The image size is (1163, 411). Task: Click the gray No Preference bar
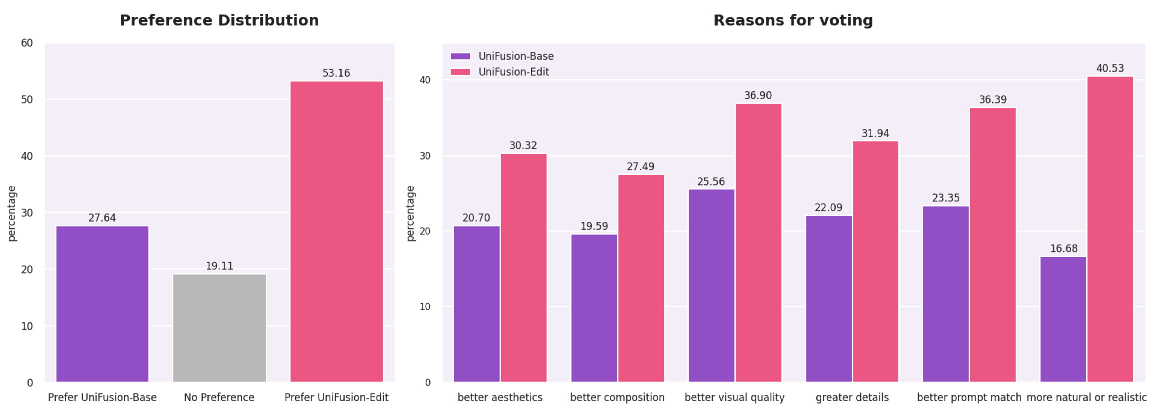point(219,327)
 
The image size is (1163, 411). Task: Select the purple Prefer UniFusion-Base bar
point(102,303)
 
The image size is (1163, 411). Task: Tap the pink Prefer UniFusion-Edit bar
point(337,231)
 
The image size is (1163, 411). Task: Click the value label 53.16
point(336,73)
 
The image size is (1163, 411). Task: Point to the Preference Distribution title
point(219,20)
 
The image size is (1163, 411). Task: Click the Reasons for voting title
point(793,20)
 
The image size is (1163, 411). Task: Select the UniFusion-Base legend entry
point(516,56)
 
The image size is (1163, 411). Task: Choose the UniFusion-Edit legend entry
point(514,72)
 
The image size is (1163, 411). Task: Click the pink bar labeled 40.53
point(1110,229)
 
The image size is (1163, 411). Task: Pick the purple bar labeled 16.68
point(1063,319)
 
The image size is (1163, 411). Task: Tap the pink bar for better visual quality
point(758,242)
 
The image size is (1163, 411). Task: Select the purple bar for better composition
point(594,308)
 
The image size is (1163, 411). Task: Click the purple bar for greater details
point(829,298)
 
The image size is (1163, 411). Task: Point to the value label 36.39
point(993,99)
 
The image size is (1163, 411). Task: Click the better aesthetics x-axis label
point(500,397)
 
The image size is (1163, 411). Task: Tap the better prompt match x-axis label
point(969,397)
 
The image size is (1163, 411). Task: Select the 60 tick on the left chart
point(27,43)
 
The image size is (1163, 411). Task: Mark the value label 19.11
point(219,266)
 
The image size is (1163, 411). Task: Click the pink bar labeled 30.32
point(524,267)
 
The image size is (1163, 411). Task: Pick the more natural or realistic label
point(1087,397)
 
